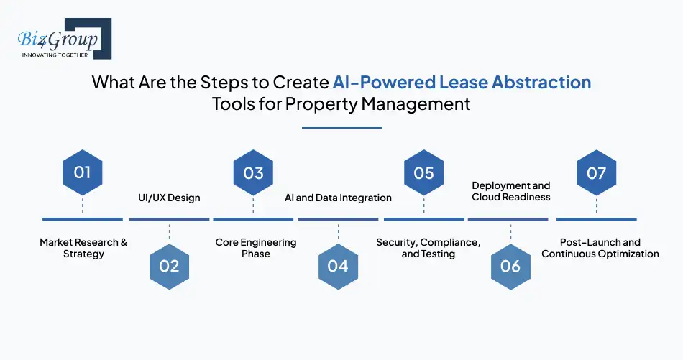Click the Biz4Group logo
point(65,39)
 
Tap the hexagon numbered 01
point(83,172)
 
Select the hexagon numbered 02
point(169,267)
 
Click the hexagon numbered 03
point(253,172)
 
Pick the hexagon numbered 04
point(338,267)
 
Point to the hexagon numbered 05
point(424,172)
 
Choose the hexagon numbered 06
point(510,267)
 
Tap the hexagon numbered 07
point(596,172)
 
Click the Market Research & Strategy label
point(83,248)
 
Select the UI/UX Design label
point(169,198)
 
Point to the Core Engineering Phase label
point(256,248)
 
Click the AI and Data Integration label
point(338,198)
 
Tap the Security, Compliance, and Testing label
point(428,248)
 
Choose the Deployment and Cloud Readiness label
point(511,192)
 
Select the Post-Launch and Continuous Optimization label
point(600,248)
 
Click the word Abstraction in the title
point(541,82)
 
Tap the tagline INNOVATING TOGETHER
point(55,55)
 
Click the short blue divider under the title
point(342,128)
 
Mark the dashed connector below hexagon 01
point(83,205)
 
